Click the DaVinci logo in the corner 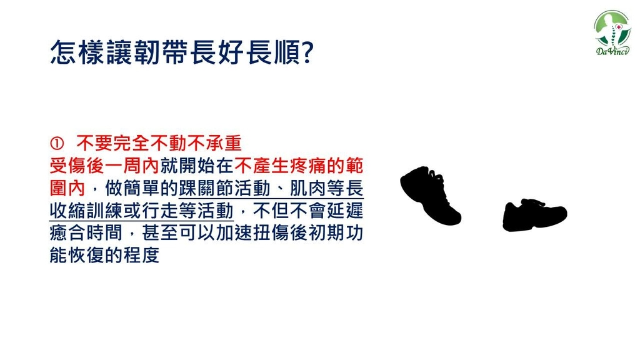pos(612,32)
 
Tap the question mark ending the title pos(307,52)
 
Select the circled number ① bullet pos(57,143)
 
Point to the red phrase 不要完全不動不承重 pos(159,143)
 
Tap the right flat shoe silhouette pos(535,215)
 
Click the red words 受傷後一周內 pos(104,166)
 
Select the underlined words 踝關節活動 pos(224,189)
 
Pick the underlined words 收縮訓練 pos(86,211)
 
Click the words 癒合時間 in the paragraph pos(86,234)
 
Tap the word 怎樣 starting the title pos(77,52)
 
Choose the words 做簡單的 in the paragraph pos(141,189)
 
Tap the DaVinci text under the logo pos(612,51)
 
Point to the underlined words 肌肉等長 pos(327,189)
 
